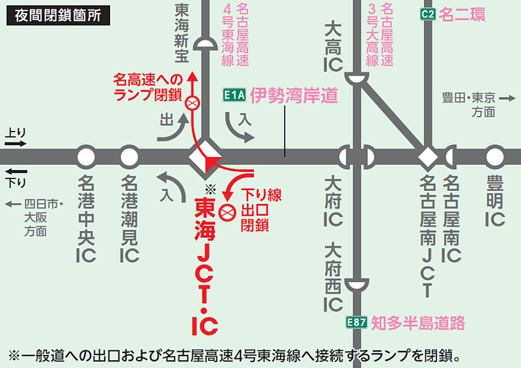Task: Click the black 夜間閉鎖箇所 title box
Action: [x=58, y=15]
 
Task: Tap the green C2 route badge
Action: [x=427, y=15]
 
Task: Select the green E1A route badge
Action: [x=234, y=96]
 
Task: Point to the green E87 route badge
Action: [x=356, y=322]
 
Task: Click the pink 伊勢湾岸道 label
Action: [x=294, y=96]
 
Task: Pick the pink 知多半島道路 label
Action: [x=417, y=322]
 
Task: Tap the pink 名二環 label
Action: [x=462, y=15]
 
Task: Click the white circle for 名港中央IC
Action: [x=86, y=157]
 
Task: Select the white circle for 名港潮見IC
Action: [x=130, y=157]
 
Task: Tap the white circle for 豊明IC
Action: [x=495, y=157]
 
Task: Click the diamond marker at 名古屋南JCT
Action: [x=428, y=157]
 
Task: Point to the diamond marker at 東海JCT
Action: [x=206, y=157]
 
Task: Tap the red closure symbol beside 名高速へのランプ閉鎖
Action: [x=193, y=103]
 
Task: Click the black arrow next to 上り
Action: [x=16, y=144]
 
